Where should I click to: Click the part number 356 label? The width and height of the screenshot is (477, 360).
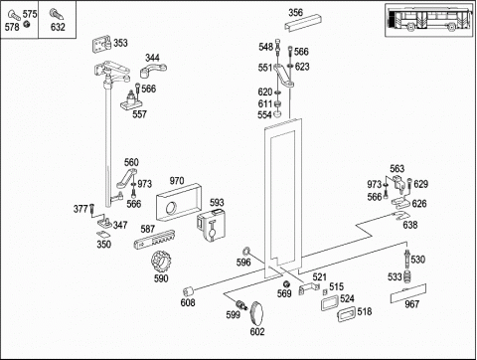295,13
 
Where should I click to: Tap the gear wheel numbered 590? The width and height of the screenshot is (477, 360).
160,262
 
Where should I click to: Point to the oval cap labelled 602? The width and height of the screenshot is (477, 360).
257,313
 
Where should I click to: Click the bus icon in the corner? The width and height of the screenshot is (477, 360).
430,21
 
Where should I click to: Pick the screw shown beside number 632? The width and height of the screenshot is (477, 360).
57,14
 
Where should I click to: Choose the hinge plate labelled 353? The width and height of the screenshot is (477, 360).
101,45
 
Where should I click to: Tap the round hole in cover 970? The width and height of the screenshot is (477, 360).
172,208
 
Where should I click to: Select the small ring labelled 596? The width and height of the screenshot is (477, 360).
246,251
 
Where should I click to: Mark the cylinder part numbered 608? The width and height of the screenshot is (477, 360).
189,291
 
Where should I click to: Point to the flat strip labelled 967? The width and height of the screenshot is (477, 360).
408,293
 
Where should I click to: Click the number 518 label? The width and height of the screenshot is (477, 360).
365,311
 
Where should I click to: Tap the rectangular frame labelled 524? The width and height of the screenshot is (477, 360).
330,303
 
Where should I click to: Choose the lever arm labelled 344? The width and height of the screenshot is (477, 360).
153,71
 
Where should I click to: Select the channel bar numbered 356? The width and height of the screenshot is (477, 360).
303,23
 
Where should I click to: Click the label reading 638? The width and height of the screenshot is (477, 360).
410,225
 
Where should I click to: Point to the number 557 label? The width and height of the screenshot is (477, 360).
139,114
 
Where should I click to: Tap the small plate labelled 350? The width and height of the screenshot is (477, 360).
103,234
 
